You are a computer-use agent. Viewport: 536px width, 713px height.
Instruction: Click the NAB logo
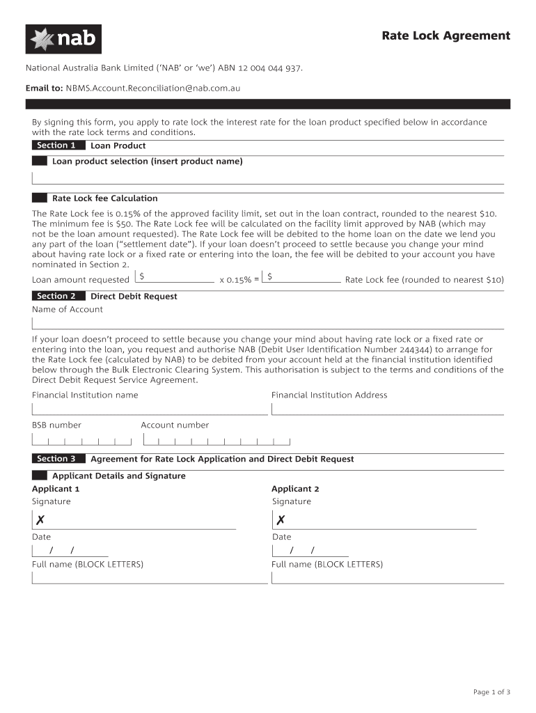click(63, 39)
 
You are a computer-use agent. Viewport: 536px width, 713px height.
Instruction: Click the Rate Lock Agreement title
click(446, 36)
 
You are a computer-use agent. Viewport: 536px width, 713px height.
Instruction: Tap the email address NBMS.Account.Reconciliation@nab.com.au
click(152, 88)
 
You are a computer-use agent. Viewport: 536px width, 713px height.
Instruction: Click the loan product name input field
click(267, 178)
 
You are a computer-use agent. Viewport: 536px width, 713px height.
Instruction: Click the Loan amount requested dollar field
click(175, 277)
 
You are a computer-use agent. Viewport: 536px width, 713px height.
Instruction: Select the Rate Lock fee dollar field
click(304, 277)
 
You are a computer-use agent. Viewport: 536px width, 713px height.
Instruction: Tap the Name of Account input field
click(267, 323)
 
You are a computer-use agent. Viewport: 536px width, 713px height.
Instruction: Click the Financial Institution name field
click(150, 409)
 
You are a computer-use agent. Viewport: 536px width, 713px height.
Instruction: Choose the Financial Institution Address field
click(387, 409)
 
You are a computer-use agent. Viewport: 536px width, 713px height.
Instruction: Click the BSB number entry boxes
click(81, 440)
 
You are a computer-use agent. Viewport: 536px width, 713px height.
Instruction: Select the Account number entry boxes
click(216, 440)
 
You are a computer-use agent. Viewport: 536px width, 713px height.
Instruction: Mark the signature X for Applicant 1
click(40, 520)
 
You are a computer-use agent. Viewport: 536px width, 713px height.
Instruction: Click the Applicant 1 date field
click(63, 551)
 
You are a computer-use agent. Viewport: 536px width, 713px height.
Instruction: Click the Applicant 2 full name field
click(387, 578)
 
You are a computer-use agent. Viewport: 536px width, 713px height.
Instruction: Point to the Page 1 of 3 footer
click(491, 691)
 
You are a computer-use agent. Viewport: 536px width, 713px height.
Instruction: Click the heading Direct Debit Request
click(134, 297)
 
